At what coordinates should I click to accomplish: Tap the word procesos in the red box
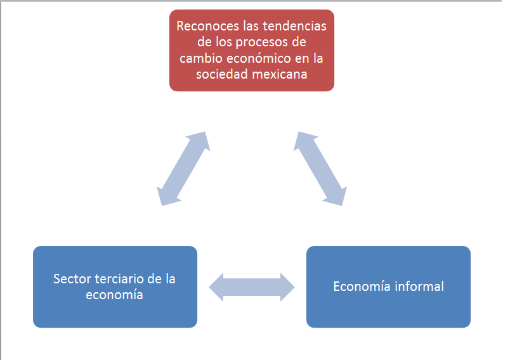tap(261, 42)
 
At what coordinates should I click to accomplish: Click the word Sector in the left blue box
tap(71, 279)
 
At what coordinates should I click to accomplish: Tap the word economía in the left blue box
tap(115, 295)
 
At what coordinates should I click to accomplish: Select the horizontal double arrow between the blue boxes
tap(252, 287)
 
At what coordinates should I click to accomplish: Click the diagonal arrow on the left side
tap(183, 169)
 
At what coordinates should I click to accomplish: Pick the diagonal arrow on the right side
tap(321, 169)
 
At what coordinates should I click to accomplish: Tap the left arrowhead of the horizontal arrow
tap(219, 287)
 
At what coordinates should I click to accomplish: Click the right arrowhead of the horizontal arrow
tap(285, 287)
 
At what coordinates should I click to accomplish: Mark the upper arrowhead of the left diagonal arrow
tap(199, 141)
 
